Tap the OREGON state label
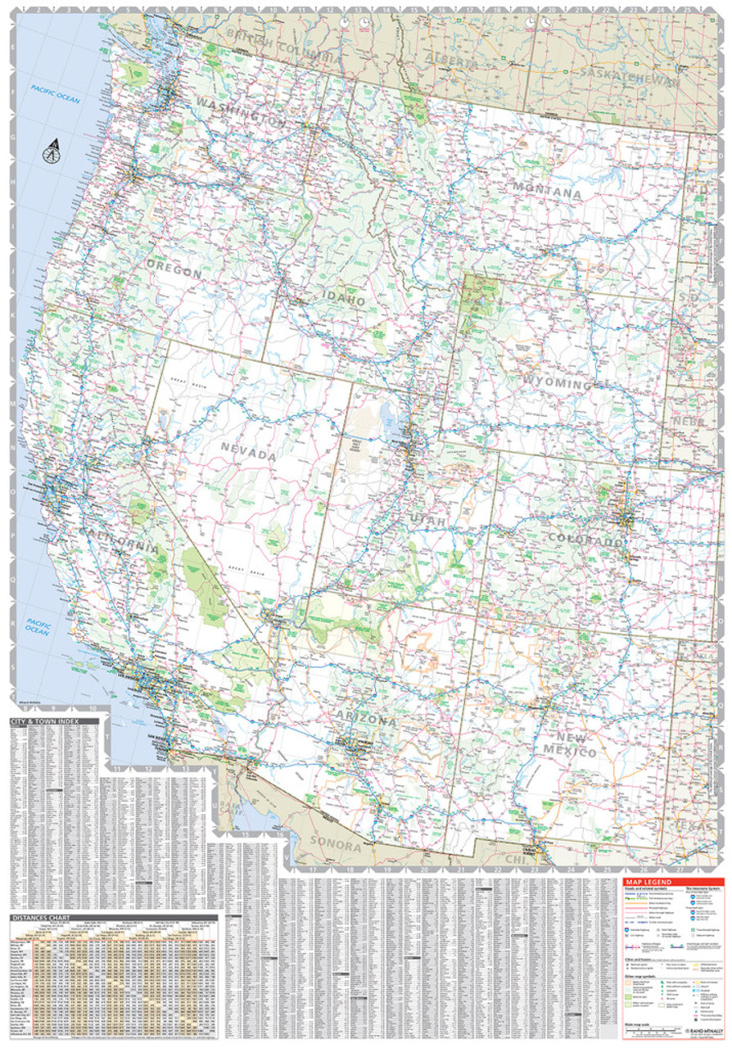point(174,271)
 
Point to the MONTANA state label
point(547,194)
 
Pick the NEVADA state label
point(246,453)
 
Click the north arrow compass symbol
point(52,151)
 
